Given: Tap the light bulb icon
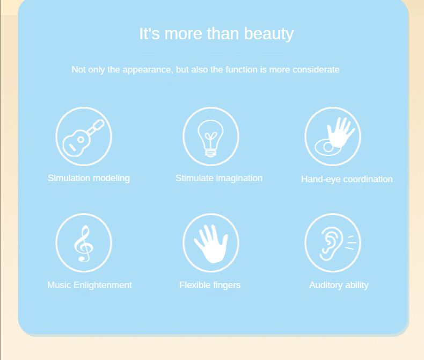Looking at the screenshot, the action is pos(210,138).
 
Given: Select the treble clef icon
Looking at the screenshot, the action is pos(84,243).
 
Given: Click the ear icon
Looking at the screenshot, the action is pos(331,243).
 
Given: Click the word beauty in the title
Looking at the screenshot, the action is pos(269,34).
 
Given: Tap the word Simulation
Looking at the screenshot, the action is pos(69,178).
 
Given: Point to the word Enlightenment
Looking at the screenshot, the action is pos(103,285).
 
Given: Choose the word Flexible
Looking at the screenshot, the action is pos(195,285).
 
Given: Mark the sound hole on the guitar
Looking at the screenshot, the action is pos(81,140).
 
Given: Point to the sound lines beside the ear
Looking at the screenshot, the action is pos(351,242).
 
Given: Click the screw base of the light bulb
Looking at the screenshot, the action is pos(210,153).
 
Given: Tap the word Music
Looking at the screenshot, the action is pos(59,285).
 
